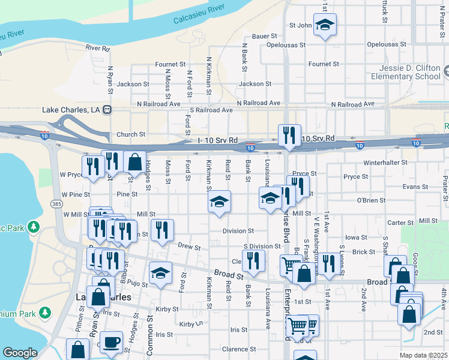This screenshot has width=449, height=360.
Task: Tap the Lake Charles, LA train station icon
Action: click(107, 110)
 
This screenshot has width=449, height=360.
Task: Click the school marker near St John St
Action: click(325, 25)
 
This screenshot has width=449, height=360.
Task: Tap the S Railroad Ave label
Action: click(211, 110)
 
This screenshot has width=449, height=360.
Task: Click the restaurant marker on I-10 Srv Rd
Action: click(289, 136)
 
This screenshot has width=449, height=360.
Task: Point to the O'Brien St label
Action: click(370, 200)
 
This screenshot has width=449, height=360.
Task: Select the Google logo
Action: click(20, 353)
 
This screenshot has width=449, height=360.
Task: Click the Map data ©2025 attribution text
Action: click(423, 355)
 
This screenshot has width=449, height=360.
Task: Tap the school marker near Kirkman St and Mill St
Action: click(219, 202)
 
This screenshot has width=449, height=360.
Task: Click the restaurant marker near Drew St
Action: click(162, 230)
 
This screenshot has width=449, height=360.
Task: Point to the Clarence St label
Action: click(238, 349)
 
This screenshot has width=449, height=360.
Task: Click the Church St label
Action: click(131, 134)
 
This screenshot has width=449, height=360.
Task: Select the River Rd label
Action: click(97, 47)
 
